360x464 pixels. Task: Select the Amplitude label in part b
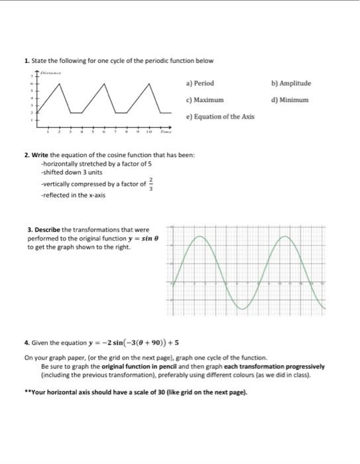(x=293, y=84)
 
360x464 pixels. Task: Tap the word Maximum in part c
(x=210, y=100)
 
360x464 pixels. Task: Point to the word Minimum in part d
(x=292, y=100)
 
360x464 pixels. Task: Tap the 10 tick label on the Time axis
(x=149, y=132)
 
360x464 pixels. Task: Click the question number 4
(x=26, y=343)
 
